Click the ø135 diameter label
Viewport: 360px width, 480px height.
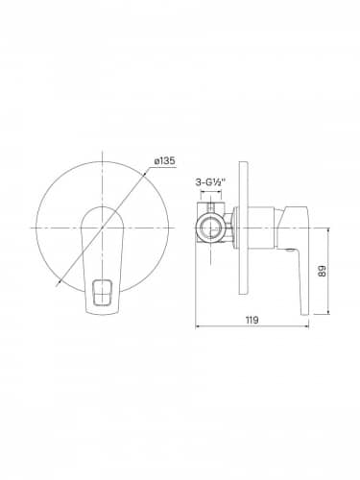click(x=165, y=160)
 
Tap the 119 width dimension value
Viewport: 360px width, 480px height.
click(x=252, y=320)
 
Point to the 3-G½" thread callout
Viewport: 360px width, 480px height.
click(x=210, y=182)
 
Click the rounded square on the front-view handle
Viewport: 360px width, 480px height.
click(x=102, y=291)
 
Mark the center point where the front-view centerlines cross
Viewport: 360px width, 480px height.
click(x=102, y=228)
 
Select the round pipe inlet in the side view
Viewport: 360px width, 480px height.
click(x=211, y=228)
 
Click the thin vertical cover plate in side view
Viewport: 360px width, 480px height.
click(x=244, y=228)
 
